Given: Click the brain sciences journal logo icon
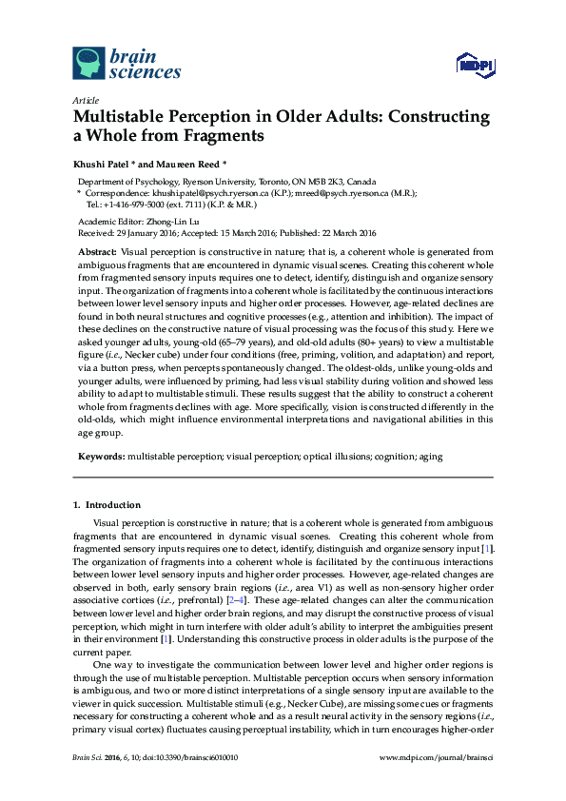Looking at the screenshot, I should [89, 64].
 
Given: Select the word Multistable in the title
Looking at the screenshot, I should [116, 118].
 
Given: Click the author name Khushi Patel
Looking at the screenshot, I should [99, 163].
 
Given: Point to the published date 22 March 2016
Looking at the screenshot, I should [342, 232].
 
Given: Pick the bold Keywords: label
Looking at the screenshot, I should [100, 457].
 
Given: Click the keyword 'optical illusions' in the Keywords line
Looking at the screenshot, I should [334, 457].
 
